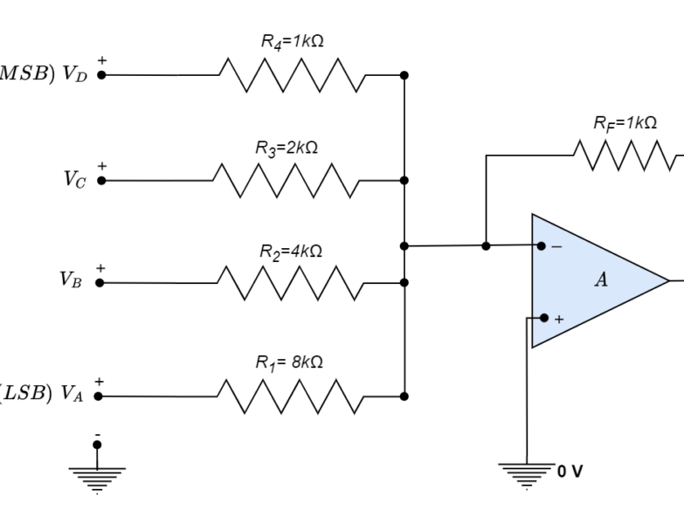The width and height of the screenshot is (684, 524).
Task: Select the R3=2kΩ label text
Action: pyautogui.click(x=287, y=148)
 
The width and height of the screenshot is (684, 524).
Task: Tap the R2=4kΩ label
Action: pyautogui.click(x=291, y=251)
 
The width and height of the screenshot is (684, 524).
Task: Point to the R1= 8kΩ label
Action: pyautogui.click(x=289, y=362)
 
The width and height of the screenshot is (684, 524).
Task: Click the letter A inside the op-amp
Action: pyautogui.click(x=601, y=279)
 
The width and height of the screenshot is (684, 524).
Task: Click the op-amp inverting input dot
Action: pyautogui.click(x=542, y=246)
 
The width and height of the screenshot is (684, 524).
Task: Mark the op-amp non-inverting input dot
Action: pyautogui.click(x=544, y=318)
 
